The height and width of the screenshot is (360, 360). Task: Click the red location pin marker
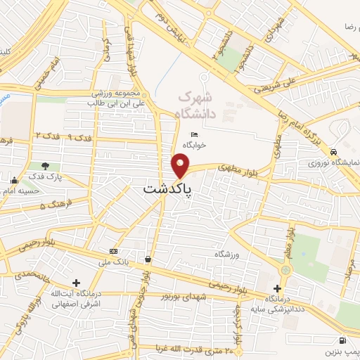[x=181, y=167]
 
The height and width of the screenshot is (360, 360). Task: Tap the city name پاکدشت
[x=169, y=189]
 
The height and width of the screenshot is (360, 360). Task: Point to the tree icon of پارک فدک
[x=46, y=166]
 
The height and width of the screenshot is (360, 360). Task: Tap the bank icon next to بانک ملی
[x=113, y=251]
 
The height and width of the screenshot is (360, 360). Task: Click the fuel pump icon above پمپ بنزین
[x=342, y=340]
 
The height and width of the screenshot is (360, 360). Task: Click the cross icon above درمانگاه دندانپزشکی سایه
[x=278, y=288]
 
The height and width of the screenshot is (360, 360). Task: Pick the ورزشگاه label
[x=228, y=253]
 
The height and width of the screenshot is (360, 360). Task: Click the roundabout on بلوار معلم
[x=285, y=270]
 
